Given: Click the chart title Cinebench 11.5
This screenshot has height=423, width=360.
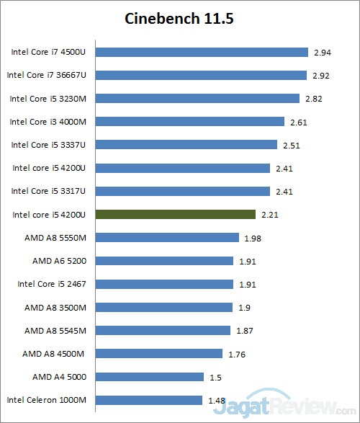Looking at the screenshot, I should (179, 18).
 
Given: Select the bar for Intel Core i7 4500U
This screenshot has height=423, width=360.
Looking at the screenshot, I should (202, 52).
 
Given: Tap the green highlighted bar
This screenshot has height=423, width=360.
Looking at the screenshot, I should (175, 214).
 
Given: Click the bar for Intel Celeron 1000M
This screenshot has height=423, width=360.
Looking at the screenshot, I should (148, 400).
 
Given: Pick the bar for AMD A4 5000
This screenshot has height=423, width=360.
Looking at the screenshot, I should (149, 377).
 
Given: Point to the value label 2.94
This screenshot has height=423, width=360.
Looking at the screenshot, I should (321, 53).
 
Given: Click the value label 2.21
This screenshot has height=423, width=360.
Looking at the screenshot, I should (269, 215).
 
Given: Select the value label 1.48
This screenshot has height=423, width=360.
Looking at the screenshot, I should (215, 401).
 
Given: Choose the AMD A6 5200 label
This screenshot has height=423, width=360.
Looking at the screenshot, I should (60, 261).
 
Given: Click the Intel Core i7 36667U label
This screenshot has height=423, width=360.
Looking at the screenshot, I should (47, 75).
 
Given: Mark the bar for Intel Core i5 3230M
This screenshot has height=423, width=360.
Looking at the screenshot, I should (197, 99).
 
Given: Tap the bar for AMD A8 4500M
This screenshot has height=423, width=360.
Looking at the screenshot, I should (158, 353).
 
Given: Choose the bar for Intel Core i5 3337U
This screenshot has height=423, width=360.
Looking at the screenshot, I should (186, 145).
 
